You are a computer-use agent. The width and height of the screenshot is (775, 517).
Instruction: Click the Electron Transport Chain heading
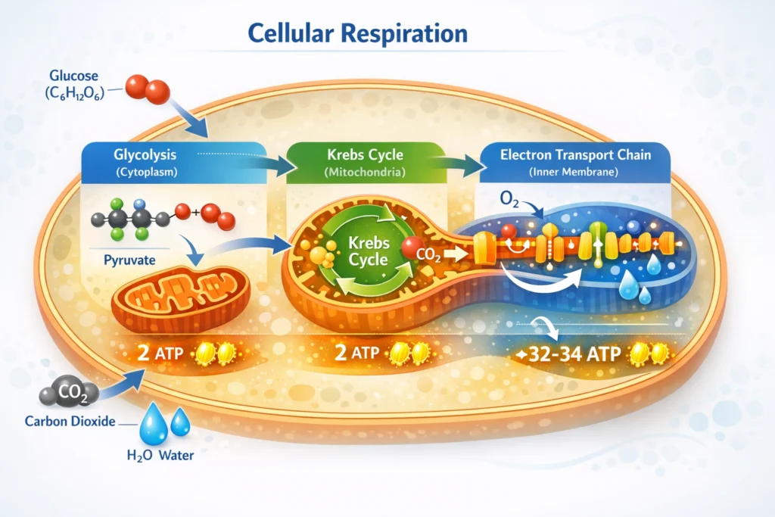click(x=575, y=155)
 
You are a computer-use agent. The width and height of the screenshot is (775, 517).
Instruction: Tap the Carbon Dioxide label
click(x=69, y=422)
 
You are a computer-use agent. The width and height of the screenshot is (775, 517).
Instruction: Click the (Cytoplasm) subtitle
click(x=144, y=172)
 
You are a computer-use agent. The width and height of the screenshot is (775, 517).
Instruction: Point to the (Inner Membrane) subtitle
click(x=575, y=172)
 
